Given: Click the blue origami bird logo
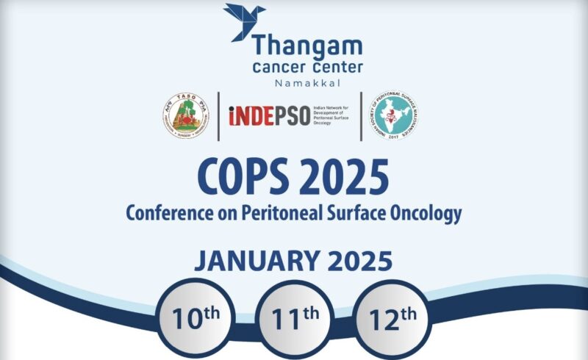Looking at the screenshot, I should [x=244, y=22].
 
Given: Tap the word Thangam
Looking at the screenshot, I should [x=307, y=47].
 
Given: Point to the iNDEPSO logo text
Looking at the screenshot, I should [x=268, y=117].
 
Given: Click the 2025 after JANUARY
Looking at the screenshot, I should [x=358, y=261].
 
